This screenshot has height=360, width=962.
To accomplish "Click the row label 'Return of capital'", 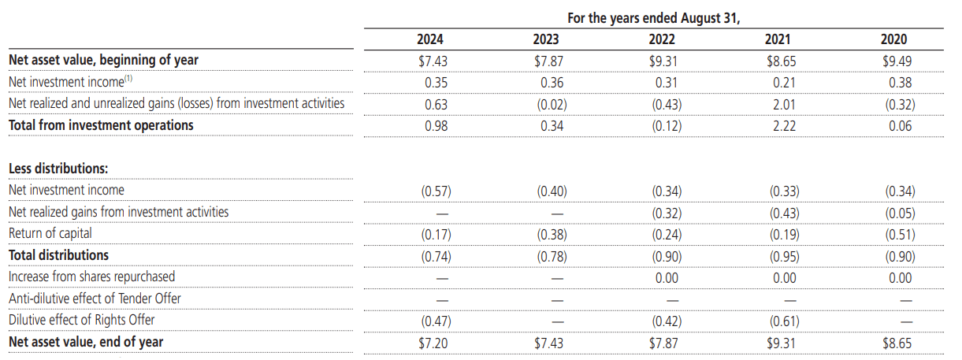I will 50,234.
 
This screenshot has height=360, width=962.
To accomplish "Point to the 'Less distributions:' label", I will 58,168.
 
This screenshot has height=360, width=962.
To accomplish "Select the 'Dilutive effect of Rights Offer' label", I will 81,320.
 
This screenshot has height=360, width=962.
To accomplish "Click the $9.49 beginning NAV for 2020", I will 895,60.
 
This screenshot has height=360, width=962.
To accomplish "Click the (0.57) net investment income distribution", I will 436,191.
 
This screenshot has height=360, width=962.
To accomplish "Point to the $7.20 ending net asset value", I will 432,342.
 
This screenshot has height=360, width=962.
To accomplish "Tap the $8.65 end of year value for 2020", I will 895,342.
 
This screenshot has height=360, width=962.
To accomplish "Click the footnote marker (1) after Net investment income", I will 130,79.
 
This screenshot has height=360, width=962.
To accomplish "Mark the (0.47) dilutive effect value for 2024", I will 436,320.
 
